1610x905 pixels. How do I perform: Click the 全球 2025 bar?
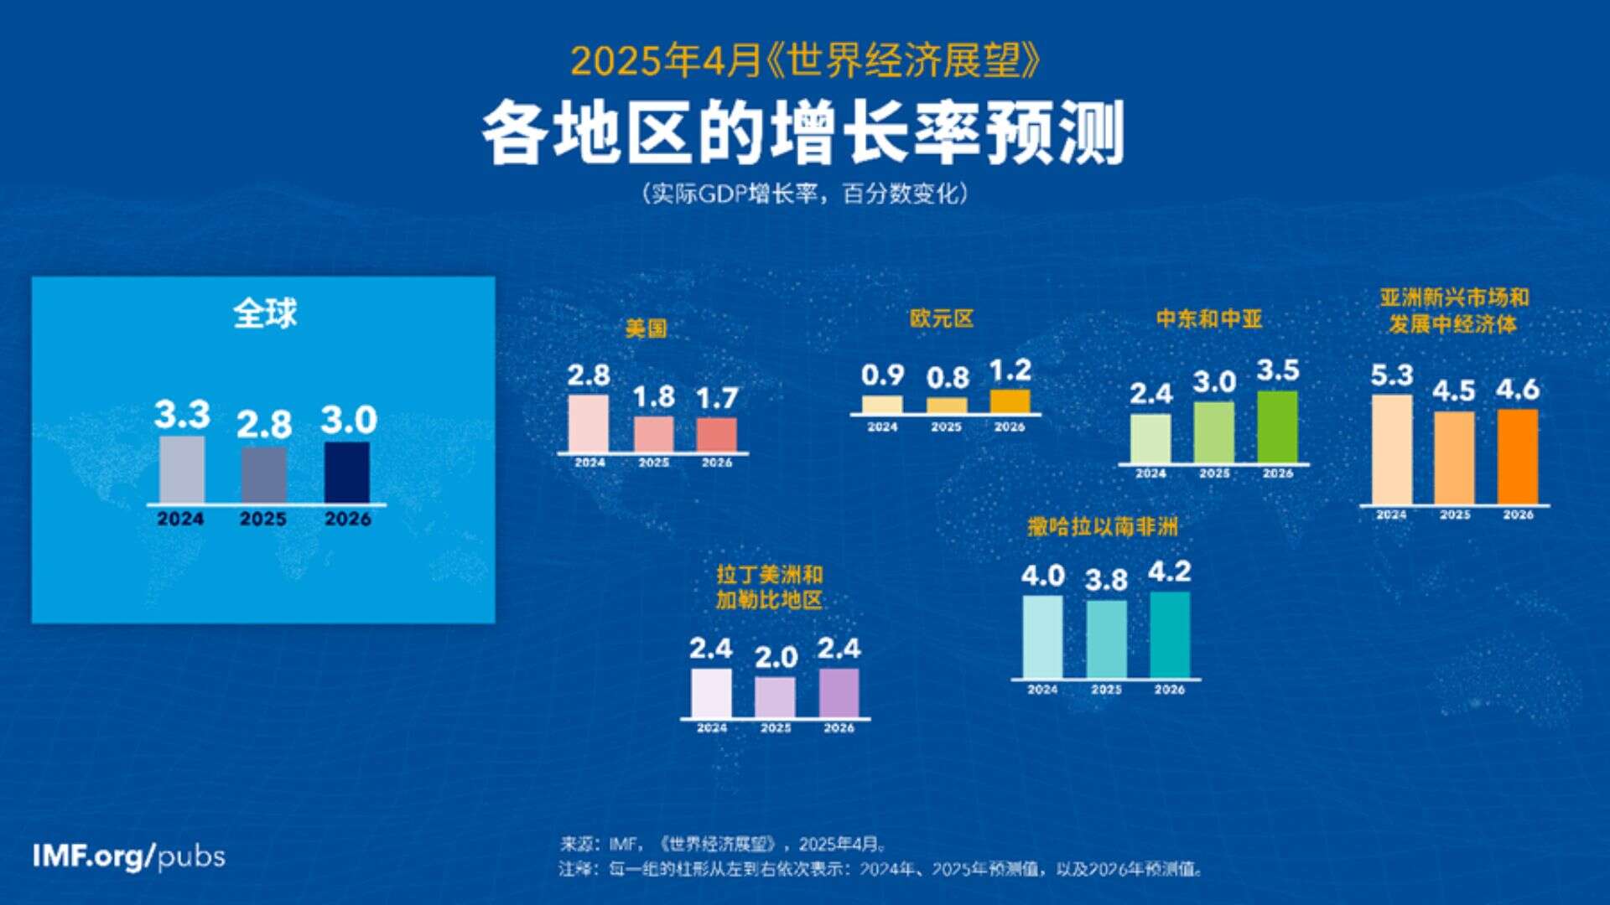point(263,475)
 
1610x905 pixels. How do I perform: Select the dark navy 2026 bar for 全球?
point(346,473)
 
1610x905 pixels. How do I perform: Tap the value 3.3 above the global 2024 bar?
point(182,414)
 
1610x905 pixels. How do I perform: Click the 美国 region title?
point(646,328)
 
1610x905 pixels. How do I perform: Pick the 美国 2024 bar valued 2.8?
point(589,424)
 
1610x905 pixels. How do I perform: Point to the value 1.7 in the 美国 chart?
point(717,398)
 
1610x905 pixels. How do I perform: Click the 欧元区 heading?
point(942,319)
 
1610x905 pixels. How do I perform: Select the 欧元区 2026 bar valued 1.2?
point(1010,401)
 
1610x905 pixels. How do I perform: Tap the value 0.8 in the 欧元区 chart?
point(948,378)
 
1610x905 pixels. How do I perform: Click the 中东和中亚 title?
point(1208,319)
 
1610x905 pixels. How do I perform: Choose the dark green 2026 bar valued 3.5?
point(1277,427)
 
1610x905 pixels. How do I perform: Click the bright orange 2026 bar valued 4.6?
point(1518,457)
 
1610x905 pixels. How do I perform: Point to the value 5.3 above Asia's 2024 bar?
point(1392,375)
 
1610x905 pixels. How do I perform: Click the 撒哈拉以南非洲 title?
point(1103,527)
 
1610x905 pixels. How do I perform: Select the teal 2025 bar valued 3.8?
point(1106,639)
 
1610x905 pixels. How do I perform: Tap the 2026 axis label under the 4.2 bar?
point(1169,690)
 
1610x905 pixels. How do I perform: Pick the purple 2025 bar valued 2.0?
point(775,696)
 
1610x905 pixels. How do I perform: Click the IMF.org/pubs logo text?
point(129,856)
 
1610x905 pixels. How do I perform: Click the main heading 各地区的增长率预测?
point(802,133)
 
